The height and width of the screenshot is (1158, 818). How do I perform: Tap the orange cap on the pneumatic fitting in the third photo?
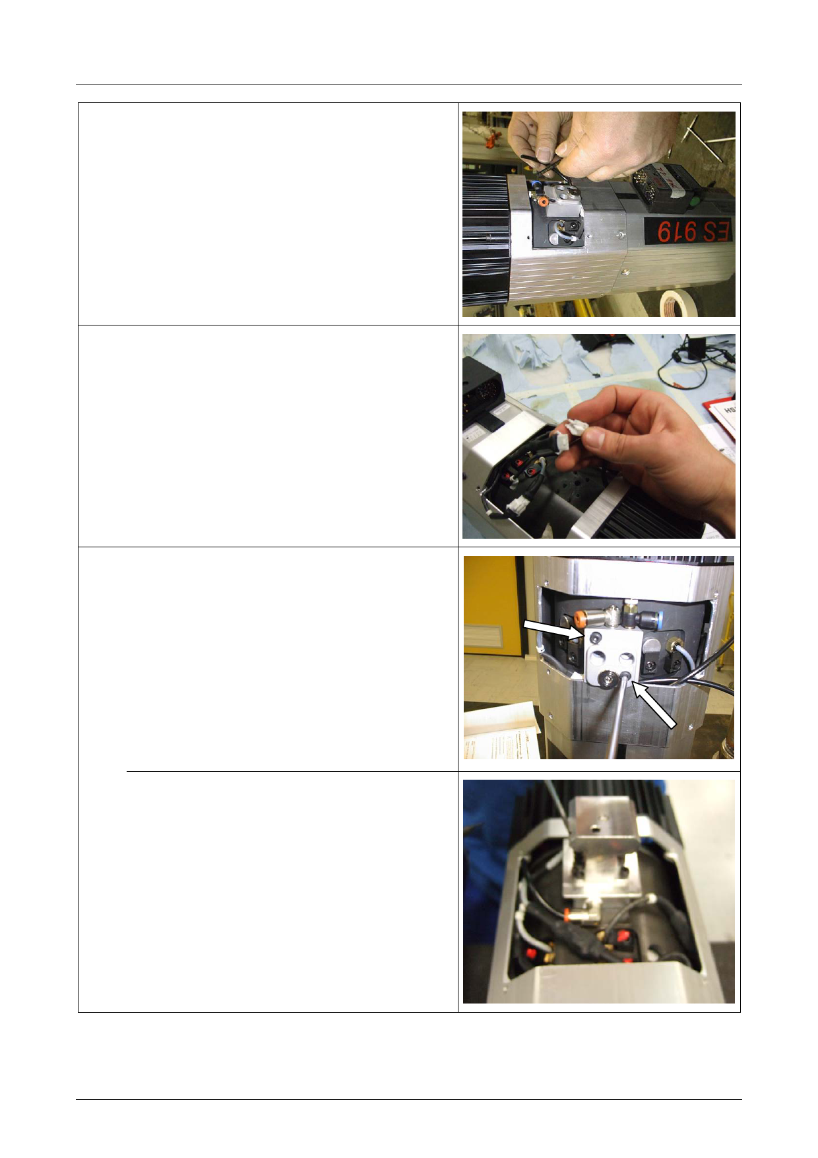(x=579, y=620)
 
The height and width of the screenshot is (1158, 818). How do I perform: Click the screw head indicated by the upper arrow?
(x=596, y=638)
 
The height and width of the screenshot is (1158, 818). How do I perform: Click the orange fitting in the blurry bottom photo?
(x=567, y=913)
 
